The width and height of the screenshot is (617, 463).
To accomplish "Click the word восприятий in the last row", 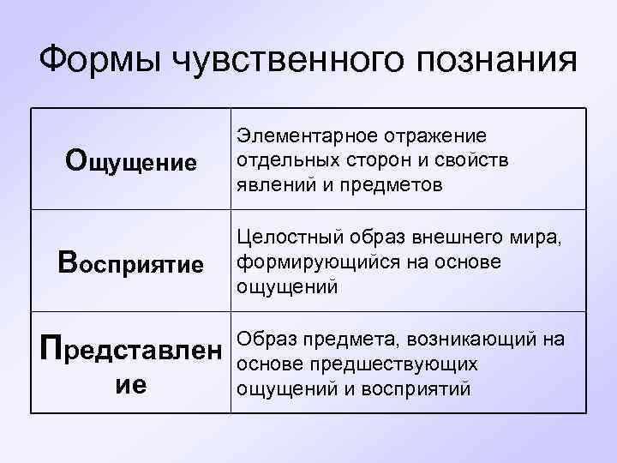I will click(x=425, y=388).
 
